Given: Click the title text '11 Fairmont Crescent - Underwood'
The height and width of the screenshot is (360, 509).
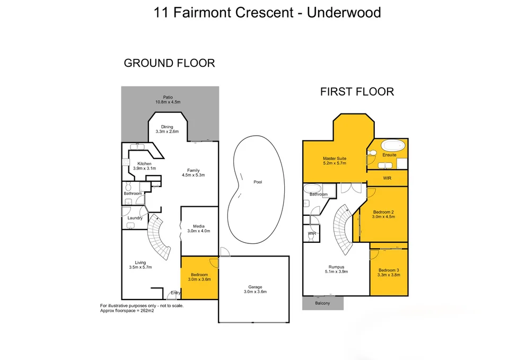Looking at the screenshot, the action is point(267,12).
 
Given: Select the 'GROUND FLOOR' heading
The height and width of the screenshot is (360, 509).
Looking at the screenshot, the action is point(169,63).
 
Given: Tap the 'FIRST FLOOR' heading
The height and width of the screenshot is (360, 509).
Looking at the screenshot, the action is point(357,92).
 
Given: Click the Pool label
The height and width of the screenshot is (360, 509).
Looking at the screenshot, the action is point(258,182).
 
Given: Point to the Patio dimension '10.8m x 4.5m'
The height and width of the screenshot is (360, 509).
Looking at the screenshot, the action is point(168,102).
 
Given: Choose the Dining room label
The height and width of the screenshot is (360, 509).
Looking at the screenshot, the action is point(167,127).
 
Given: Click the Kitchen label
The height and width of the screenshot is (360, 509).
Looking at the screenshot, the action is point(145,164).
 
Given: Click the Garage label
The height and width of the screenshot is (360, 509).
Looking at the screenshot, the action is point(254,287).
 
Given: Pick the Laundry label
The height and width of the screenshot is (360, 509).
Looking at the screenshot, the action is point(135,218).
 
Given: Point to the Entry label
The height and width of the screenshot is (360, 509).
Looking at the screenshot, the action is point(175,293).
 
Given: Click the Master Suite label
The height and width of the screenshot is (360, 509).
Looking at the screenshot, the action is point(335,159).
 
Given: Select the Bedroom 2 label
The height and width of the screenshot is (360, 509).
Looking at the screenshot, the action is point(383,212).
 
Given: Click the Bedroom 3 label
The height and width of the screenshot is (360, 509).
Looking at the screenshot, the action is point(389,270).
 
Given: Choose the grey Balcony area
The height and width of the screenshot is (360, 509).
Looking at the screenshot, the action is point(322,303).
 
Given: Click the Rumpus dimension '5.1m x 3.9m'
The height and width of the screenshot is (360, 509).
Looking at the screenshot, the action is point(336,271).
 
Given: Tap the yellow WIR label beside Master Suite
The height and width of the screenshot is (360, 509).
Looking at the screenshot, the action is point(387,179).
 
